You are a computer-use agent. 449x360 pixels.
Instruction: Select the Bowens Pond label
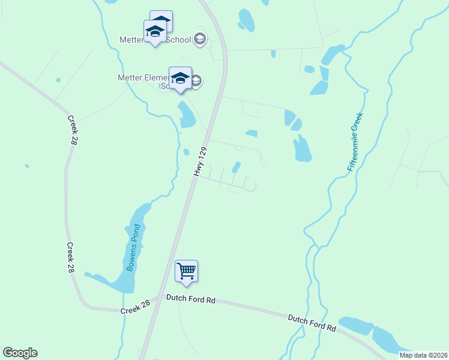[x=133, y=247]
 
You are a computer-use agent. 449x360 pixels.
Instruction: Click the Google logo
[x=20, y=353]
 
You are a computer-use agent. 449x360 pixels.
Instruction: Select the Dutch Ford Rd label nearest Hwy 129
[x=190, y=298]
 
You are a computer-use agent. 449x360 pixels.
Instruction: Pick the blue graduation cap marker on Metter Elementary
[x=180, y=78]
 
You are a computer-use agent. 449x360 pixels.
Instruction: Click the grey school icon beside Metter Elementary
[x=196, y=80]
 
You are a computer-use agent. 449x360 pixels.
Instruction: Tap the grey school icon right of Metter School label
[x=200, y=40]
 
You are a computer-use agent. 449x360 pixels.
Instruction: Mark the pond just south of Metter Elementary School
[x=186, y=115]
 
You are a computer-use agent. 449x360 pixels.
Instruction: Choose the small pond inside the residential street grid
[x=237, y=167]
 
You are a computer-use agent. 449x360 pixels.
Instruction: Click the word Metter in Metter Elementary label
[x=128, y=77]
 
